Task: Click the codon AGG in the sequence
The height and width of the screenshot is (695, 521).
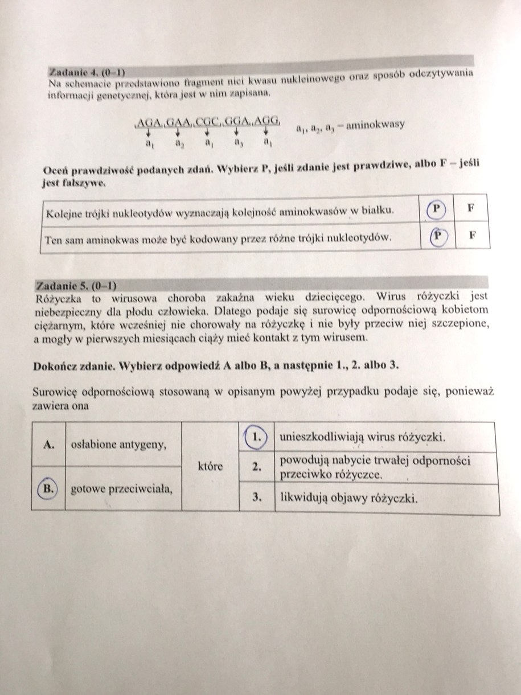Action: coord(266,121)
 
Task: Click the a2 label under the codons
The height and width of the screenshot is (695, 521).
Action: coord(179,143)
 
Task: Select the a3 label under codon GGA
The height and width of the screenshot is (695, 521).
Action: coord(237,142)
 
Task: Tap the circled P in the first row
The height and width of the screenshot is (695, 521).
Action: coord(437,209)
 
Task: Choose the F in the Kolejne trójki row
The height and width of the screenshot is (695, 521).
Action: coord(471,208)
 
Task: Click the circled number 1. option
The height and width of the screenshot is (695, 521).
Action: coord(257,437)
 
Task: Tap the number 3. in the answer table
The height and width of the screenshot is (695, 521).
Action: coord(257,497)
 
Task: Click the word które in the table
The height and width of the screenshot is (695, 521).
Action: coord(211,466)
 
